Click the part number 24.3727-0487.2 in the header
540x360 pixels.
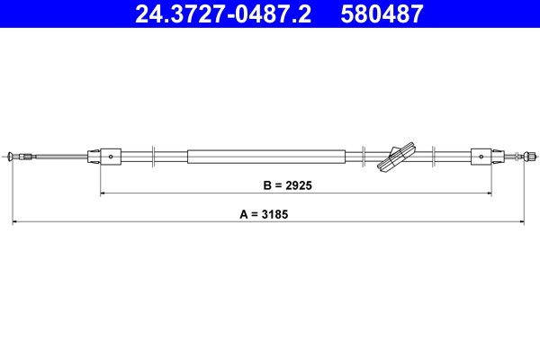(223, 14)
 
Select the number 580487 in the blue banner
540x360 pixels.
(382, 14)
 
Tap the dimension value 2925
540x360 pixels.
(299, 185)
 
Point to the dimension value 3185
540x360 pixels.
(274, 214)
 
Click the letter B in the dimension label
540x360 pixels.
(267, 185)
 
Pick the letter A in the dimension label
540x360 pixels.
(244, 214)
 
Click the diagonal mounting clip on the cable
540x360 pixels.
(396, 157)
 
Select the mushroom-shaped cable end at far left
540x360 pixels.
(10, 157)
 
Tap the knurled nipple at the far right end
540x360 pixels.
(529, 157)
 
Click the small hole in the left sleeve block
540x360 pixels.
(111, 157)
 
